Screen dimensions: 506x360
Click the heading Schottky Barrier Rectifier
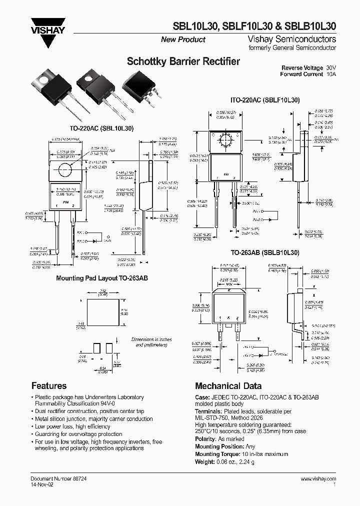[183, 62]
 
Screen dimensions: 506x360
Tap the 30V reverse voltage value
[331, 67]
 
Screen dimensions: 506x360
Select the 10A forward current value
[331, 74]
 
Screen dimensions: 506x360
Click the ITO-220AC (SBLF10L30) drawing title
[264, 100]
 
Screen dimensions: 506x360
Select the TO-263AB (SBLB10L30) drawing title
[264, 253]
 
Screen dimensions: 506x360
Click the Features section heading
[49, 385]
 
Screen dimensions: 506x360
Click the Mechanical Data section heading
[228, 385]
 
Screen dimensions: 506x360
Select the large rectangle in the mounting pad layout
[100, 311]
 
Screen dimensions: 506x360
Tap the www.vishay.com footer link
[318, 478]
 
